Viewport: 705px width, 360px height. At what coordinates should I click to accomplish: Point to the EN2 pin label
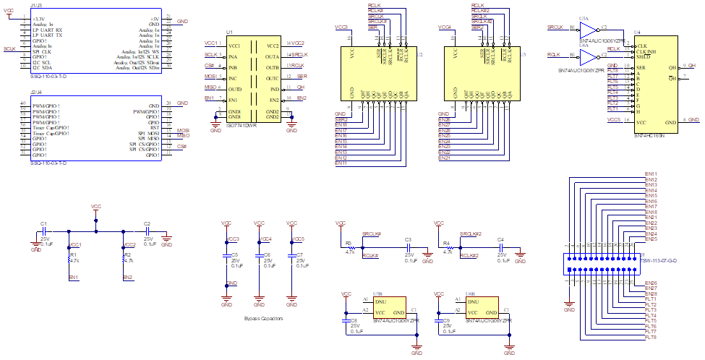tap(273, 99)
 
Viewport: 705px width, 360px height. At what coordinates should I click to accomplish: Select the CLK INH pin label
tap(646, 51)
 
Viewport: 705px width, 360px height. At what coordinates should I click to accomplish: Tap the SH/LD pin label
tap(643, 57)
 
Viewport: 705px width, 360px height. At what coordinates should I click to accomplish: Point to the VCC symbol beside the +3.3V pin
tap(9, 14)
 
